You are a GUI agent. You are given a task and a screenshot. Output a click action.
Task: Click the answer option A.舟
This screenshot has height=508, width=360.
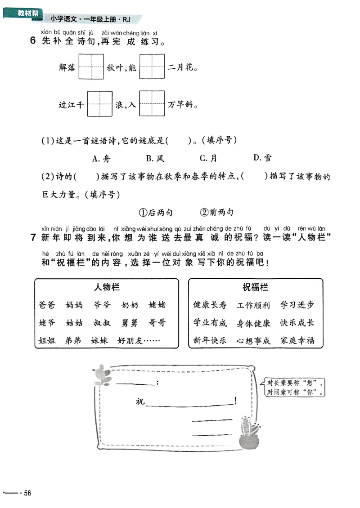(101, 158)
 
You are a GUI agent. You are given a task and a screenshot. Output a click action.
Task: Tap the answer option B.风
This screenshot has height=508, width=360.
(155, 158)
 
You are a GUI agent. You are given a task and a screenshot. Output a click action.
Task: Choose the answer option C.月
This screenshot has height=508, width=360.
(209, 158)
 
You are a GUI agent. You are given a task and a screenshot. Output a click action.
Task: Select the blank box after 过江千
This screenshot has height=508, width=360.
(99, 104)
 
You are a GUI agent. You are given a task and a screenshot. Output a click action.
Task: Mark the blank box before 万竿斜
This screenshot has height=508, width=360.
(152, 104)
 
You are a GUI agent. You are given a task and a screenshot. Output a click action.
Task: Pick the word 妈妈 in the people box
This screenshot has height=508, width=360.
(74, 305)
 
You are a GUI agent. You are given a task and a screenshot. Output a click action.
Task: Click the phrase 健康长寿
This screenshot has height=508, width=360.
(210, 305)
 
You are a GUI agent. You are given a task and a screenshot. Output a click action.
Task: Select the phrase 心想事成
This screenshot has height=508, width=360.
(253, 340)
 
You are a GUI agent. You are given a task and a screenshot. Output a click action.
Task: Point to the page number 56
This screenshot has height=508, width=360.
(27, 493)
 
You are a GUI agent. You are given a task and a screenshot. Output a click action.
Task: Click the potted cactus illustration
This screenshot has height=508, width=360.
(249, 433)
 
